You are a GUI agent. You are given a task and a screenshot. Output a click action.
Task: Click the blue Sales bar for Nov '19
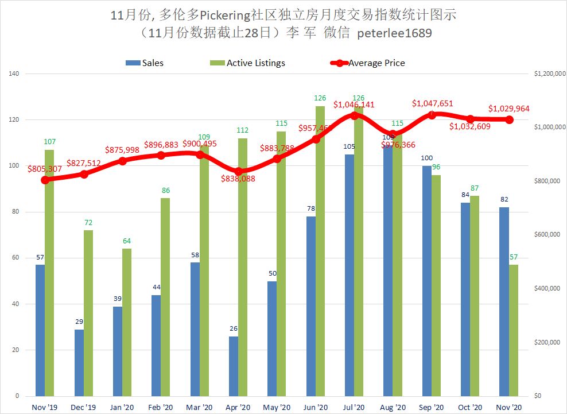40,330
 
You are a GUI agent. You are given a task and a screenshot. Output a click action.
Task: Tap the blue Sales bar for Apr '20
234,366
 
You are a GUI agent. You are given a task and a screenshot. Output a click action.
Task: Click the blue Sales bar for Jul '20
349,276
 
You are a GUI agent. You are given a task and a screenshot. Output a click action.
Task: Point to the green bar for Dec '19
88,313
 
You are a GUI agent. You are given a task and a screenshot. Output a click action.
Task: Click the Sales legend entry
145,63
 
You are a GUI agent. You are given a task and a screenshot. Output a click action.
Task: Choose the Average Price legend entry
368,63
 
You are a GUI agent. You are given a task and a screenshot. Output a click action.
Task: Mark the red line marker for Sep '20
432,115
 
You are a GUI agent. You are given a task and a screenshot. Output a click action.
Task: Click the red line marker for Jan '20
122,161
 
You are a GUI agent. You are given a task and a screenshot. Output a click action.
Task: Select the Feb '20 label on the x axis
160,407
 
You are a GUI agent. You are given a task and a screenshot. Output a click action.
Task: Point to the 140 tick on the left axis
14,74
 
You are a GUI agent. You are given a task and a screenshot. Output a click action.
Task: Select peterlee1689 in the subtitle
395,33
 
